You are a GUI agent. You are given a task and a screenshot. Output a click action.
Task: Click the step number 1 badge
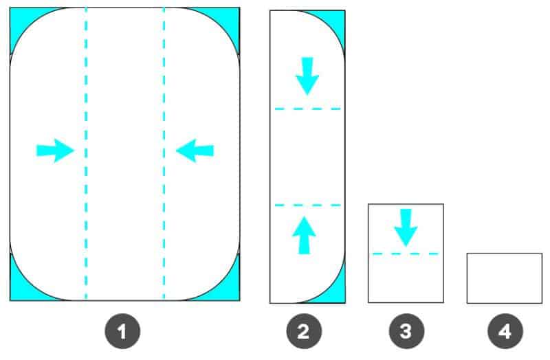click(122, 331)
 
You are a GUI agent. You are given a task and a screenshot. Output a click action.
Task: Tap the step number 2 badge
click(304, 331)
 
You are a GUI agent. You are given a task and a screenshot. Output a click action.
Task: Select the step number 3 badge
click(406, 331)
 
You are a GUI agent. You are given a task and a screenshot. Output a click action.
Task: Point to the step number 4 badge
click(505, 331)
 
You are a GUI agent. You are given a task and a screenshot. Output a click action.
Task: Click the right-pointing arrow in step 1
click(55, 150)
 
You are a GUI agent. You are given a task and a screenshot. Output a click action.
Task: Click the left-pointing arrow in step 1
click(195, 150)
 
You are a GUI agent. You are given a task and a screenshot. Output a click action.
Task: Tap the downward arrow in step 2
click(307, 76)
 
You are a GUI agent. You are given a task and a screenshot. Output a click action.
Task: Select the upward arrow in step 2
click(304, 235)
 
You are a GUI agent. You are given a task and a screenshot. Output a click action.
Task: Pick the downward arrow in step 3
click(406, 228)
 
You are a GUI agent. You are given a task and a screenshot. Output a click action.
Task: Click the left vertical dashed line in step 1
click(86, 153)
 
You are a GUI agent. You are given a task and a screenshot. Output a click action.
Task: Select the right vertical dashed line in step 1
click(164, 153)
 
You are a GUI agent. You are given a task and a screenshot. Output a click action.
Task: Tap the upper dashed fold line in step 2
click(307, 109)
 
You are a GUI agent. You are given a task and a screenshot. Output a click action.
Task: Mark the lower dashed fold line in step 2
click(307, 205)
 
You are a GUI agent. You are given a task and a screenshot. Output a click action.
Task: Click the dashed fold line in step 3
click(406, 254)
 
